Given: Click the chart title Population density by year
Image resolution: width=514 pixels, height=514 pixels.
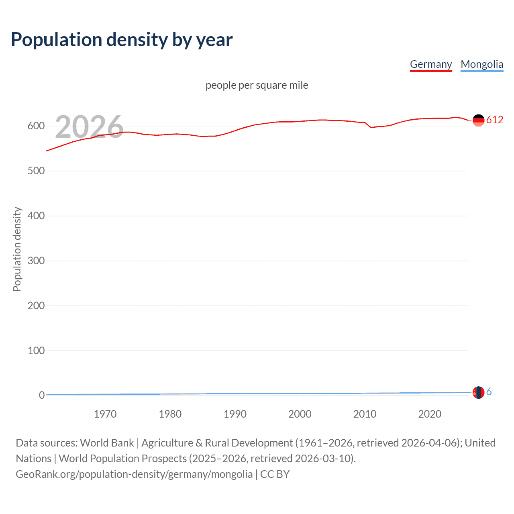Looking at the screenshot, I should [122, 40].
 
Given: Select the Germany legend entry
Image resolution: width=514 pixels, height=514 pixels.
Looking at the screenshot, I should [431, 64].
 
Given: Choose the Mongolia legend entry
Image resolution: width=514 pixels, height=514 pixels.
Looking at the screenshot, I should [482, 64].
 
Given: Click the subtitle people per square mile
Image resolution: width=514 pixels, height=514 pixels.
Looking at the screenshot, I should [257, 85].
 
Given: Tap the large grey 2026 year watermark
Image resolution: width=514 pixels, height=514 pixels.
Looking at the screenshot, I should [89, 127].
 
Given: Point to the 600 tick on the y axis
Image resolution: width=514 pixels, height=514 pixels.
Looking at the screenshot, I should [36, 126].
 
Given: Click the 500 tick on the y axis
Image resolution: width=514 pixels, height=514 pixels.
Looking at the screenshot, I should [36, 171].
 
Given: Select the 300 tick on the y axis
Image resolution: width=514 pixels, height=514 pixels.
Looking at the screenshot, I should [36, 261].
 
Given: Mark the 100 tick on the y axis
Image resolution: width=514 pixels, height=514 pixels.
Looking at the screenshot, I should [36, 351].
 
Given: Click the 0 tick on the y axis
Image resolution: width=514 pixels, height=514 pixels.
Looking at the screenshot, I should [42, 396].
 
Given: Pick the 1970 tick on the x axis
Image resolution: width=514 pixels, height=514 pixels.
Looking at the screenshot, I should [105, 414].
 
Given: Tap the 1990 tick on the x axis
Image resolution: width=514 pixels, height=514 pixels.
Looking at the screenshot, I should [235, 414].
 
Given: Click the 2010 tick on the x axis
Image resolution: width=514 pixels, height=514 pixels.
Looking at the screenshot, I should [365, 414].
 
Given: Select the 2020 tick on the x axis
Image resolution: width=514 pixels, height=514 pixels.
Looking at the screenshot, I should [430, 414].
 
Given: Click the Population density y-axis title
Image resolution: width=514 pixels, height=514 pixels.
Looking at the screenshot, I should [17, 249].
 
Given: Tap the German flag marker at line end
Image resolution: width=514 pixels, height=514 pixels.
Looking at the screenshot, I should [478, 120].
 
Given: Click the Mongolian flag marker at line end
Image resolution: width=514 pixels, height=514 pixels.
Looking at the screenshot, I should [478, 392].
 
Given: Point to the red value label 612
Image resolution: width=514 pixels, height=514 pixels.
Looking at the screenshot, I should [495, 120].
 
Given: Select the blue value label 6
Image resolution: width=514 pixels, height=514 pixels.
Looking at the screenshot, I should [489, 392].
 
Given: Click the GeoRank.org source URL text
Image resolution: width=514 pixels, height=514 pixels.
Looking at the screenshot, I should [134, 474].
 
